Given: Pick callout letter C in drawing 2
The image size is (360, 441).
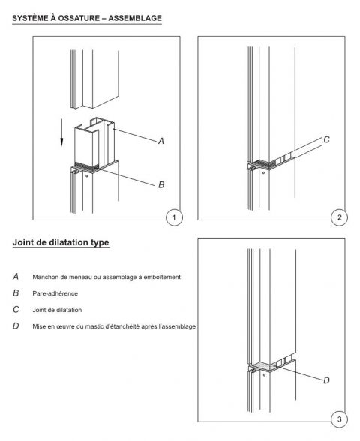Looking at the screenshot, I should coord(326,139).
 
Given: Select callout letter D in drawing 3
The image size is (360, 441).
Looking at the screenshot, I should coord(326,379).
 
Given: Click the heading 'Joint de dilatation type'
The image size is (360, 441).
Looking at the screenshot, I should coord(61,242).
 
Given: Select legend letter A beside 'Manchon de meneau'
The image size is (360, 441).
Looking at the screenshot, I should coord(16,277).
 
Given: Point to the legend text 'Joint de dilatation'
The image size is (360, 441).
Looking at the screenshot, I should coord(57,309).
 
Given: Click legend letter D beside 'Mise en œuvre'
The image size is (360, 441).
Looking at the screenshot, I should coord(16,325).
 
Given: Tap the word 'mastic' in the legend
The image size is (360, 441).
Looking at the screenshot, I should coord(91,325).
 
